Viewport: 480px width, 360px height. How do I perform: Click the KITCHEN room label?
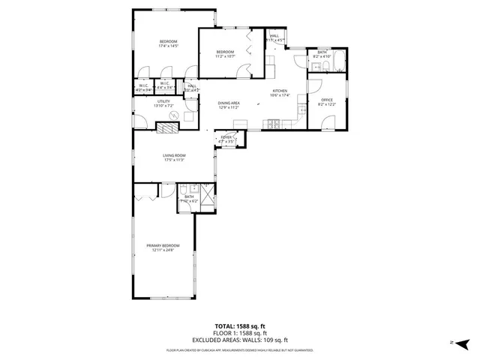pos(280,91)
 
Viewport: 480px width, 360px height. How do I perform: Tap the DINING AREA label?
pos(229,103)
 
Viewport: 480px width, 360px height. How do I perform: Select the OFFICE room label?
pos(326,100)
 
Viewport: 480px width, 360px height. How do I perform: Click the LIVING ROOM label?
pos(174,155)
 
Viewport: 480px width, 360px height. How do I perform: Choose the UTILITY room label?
pos(163,101)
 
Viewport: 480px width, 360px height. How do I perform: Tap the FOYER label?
pos(226,137)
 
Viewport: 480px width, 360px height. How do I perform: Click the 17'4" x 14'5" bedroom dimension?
pos(167,46)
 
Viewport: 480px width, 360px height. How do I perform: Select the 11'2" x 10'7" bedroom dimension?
pos(226,56)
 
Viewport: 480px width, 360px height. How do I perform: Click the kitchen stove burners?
pos(275,122)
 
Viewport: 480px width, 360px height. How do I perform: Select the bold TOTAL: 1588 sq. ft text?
pos(239,326)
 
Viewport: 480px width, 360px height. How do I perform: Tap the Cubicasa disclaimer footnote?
pos(239,349)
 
